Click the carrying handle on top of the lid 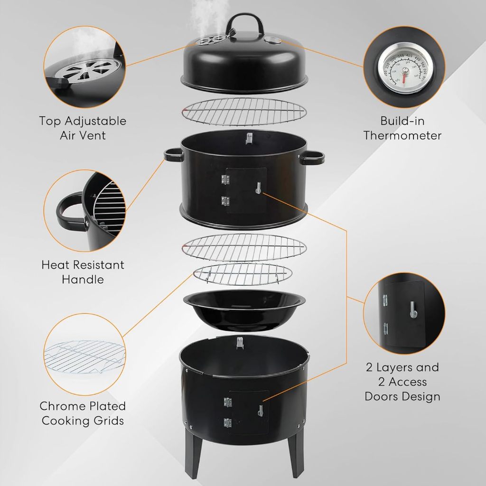coord(244,19)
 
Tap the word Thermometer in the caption coord(402,136)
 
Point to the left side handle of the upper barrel coord(173,155)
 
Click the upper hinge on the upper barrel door coord(225,179)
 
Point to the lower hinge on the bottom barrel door coord(227,421)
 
